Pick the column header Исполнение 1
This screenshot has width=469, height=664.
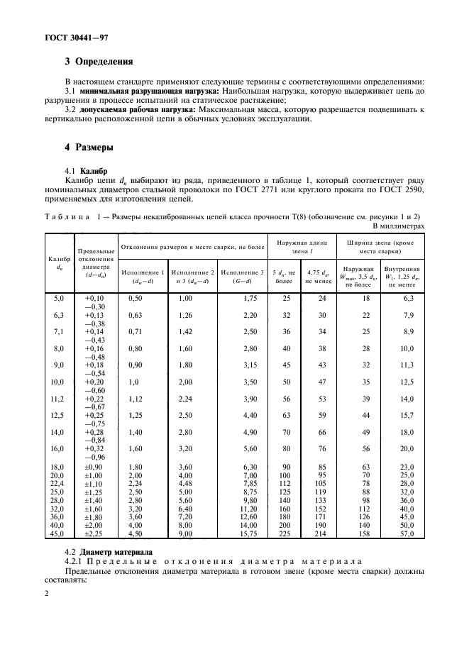pos(143,272)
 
